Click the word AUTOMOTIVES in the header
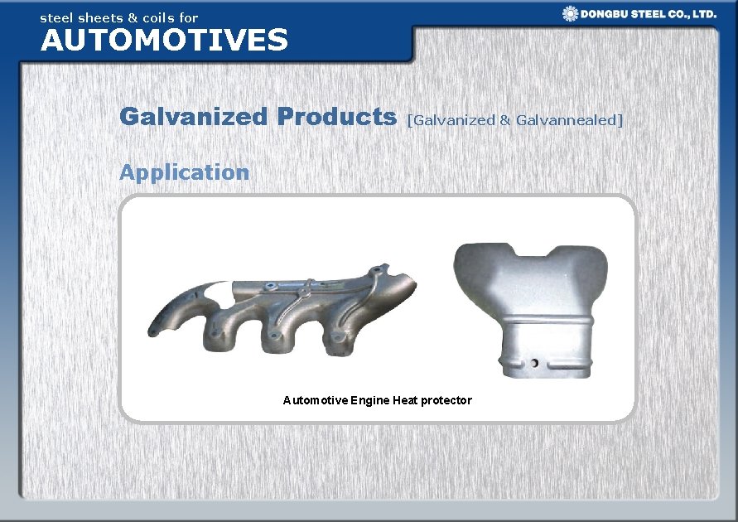tap(164, 40)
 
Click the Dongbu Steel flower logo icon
tap(570, 13)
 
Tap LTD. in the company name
tap(703, 14)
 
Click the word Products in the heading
tap(337, 117)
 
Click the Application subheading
tap(184, 172)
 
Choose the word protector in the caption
tap(446, 400)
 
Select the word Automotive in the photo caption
tap(315, 400)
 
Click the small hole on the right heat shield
tap(535, 363)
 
